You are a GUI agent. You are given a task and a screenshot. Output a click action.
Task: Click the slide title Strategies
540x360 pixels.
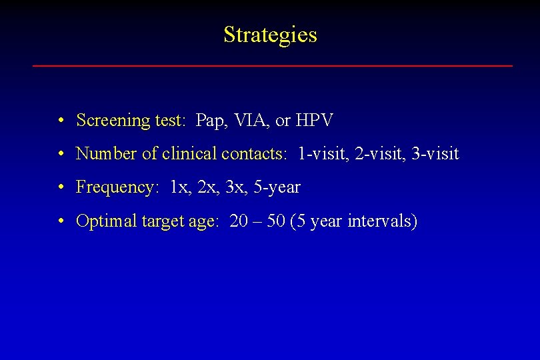coord(270,35)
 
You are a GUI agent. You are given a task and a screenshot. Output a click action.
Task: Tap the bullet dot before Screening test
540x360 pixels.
coord(61,121)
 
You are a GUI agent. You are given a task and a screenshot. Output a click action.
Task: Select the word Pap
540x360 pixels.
coord(211,121)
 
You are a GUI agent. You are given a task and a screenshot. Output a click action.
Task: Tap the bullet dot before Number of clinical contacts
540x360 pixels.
coord(61,155)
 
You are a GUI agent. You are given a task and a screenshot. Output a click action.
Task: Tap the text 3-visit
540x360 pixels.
coord(435,154)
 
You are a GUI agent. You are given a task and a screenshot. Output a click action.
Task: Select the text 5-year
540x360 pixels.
coord(277,187)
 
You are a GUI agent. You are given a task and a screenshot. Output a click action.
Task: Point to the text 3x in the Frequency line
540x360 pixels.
coord(235,187)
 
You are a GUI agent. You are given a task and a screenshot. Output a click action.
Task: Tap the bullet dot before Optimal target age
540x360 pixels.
coord(61,221)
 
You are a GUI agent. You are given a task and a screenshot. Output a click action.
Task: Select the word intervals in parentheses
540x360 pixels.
coord(381,221)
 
